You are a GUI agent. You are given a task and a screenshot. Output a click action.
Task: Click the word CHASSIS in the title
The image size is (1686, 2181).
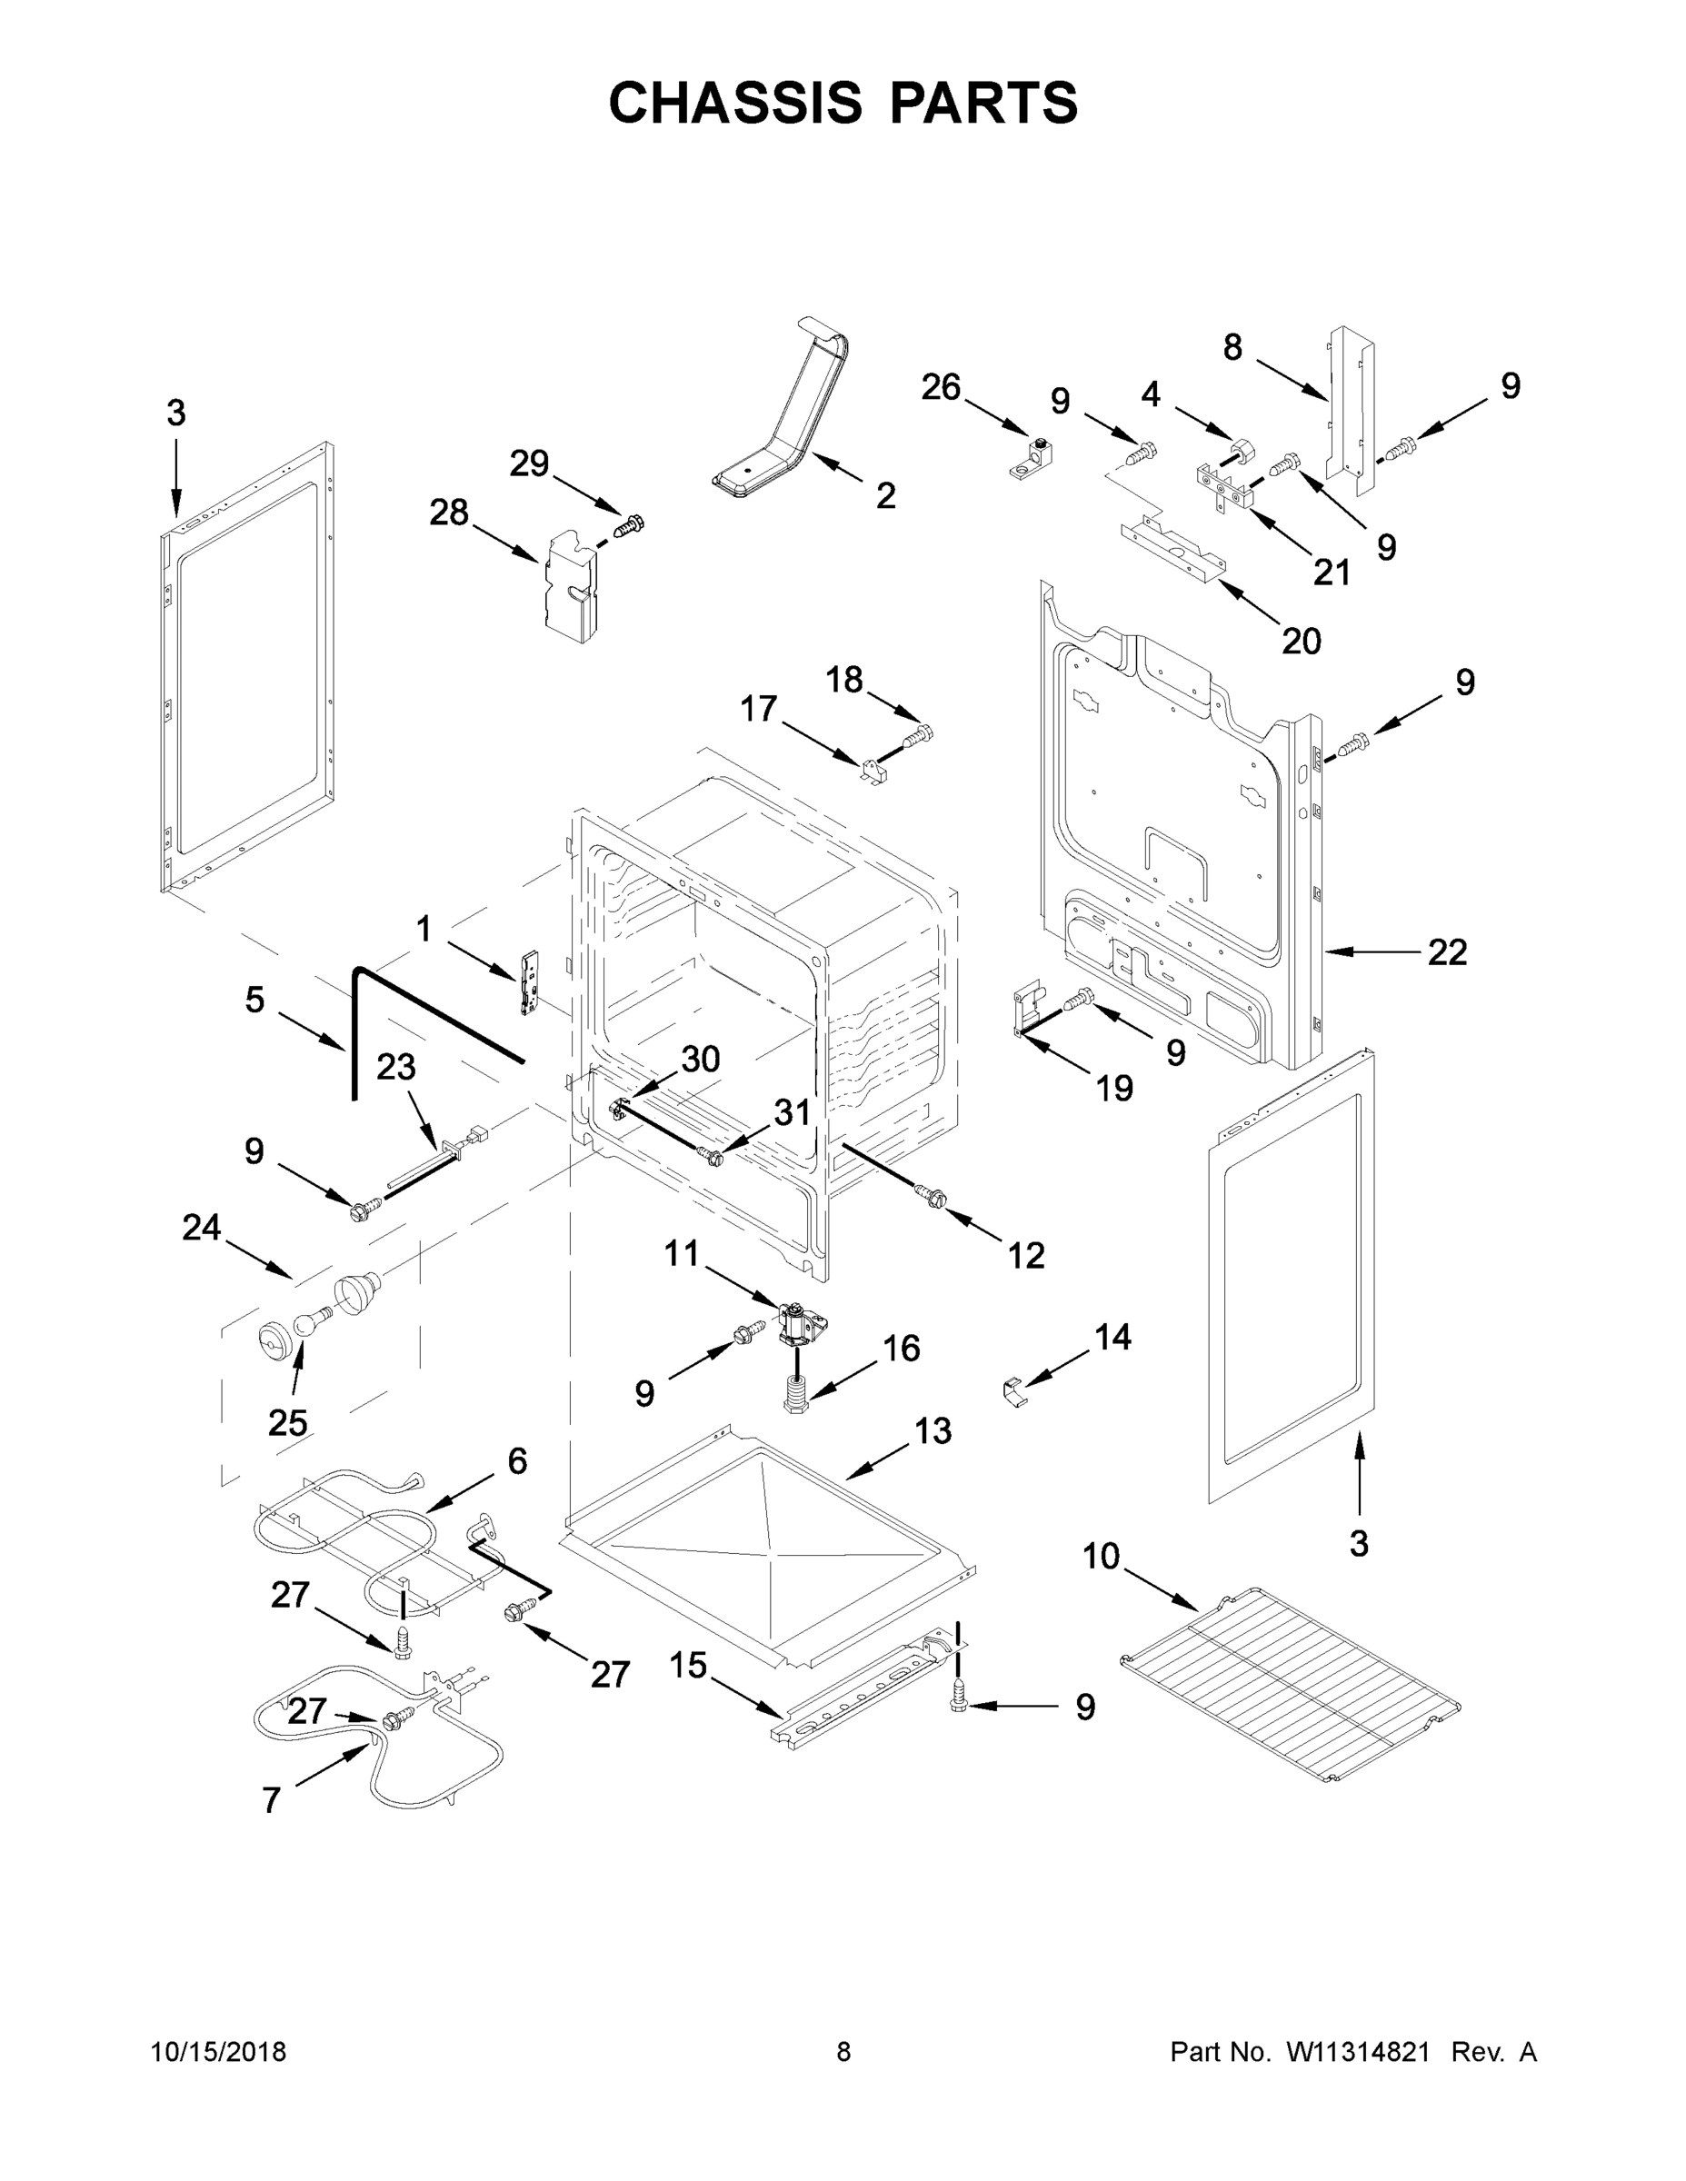point(735,103)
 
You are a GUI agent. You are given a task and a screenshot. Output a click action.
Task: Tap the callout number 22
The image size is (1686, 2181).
point(1446,951)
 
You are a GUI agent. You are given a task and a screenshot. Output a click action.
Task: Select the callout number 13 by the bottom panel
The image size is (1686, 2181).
point(932,1431)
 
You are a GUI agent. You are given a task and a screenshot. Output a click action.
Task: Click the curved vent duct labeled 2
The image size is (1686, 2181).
point(789,420)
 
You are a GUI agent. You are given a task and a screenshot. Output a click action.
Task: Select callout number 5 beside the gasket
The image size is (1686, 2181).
point(254,999)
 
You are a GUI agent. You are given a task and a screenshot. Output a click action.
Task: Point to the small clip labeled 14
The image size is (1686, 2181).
point(1013,1391)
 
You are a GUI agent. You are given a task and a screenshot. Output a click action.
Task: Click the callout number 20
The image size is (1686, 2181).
point(1301,640)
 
